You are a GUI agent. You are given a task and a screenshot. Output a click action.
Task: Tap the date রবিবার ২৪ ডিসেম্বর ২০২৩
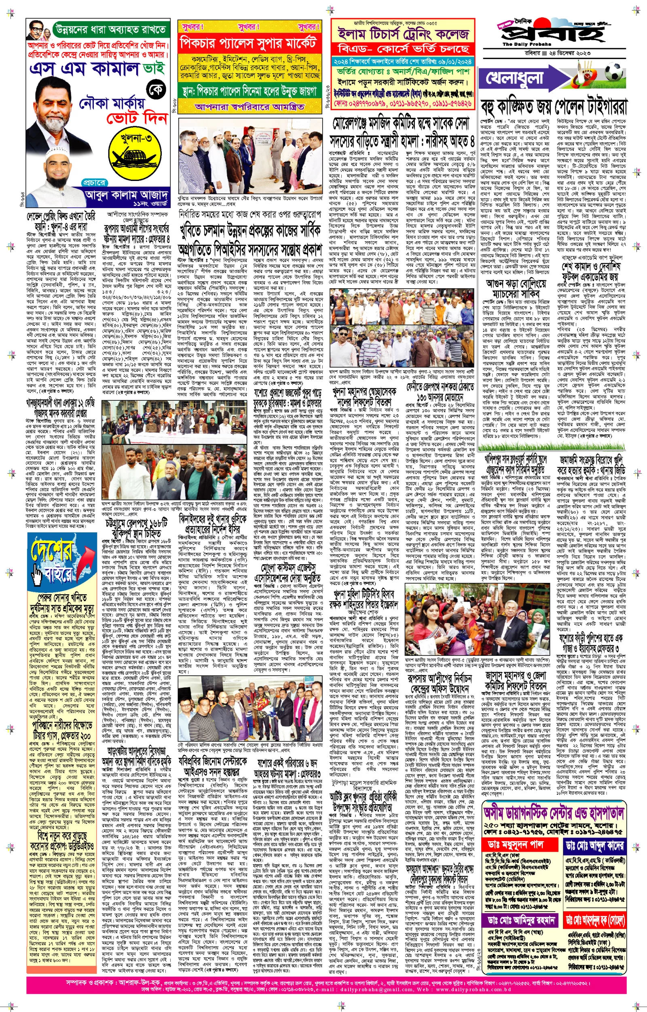pos(558,53)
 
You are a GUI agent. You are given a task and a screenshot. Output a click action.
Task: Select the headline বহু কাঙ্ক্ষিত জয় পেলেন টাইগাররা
pos(554,107)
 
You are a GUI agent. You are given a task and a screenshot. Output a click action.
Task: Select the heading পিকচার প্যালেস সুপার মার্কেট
pos(248,43)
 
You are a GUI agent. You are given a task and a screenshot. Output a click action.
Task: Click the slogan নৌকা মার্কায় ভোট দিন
pos(123,111)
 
